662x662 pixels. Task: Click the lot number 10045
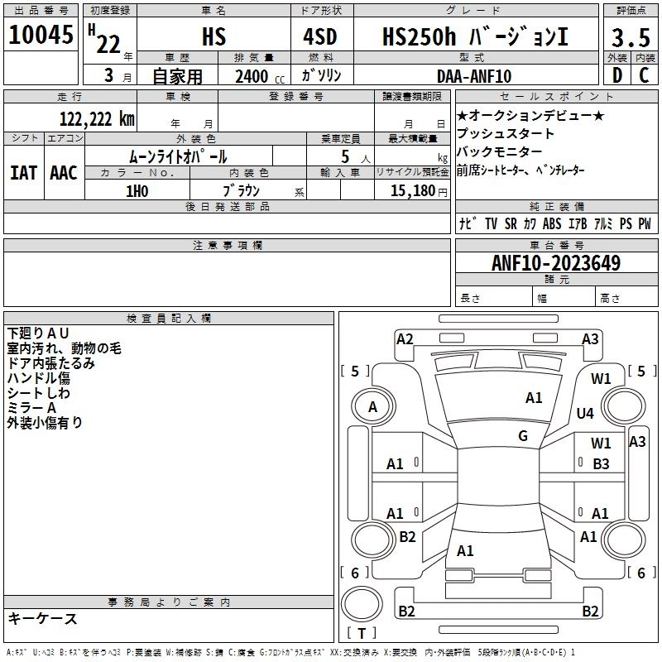point(41,36)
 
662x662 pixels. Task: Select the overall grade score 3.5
point(631,38)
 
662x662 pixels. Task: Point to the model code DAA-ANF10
point(474,76)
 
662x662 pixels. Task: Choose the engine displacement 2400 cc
point(257,77)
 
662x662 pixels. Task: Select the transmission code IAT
point(23,172)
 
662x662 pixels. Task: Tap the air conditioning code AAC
point(64,172)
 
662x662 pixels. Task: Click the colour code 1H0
point(137,190)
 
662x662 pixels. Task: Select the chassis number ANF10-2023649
point(555,263)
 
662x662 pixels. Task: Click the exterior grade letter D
point(616,75)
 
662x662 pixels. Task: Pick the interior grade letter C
point(645,75)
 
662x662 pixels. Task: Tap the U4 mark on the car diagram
point(585,413)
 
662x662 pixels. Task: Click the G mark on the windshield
point(523,436)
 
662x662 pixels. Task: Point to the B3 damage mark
point(602,464)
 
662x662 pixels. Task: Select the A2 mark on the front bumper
point(405,338)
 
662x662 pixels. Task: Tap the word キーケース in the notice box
point(43,618)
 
